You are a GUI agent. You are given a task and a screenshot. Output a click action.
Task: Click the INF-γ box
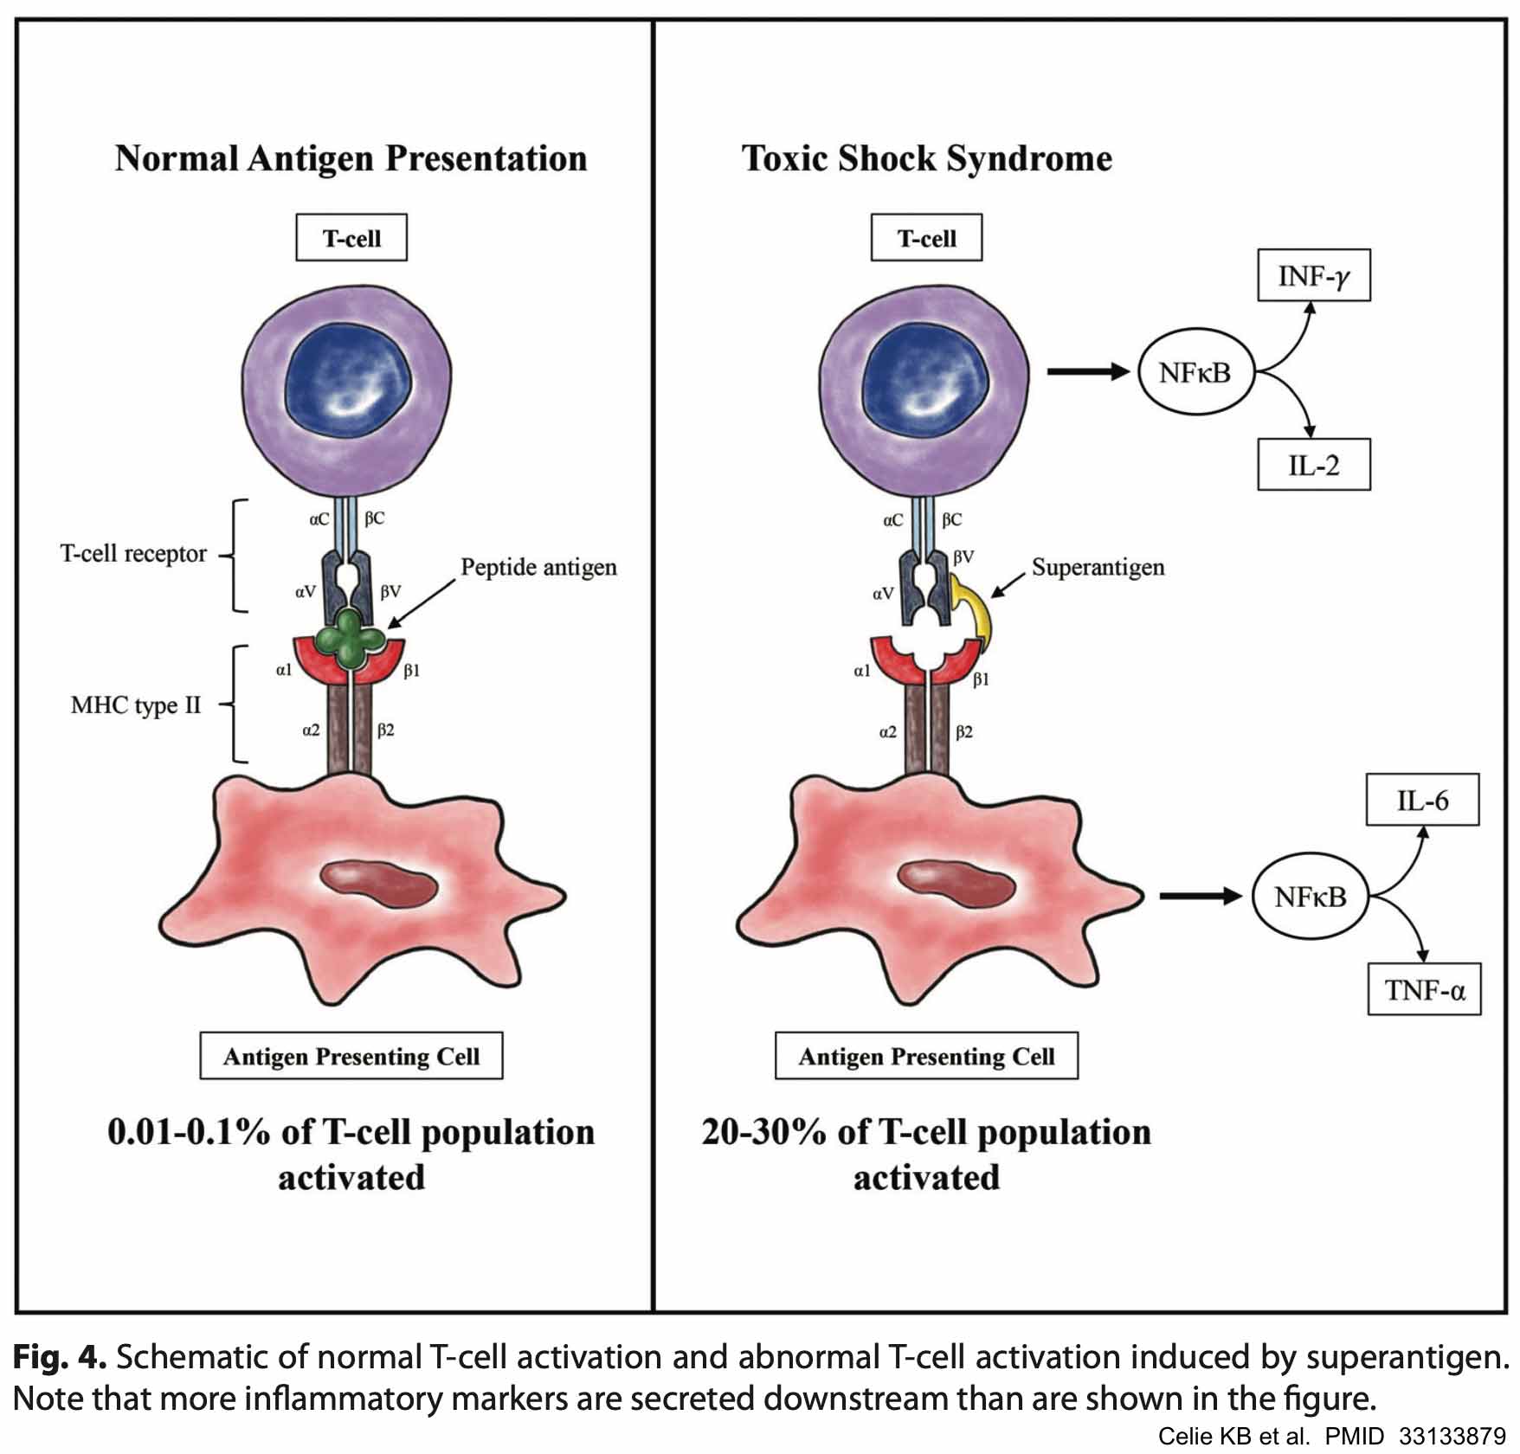point(1313,277)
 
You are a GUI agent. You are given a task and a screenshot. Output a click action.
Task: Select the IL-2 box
point(1313,466)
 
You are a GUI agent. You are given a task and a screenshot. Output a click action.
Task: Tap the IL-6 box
point(1422,801)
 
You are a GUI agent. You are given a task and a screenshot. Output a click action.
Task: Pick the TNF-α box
point(1424,989)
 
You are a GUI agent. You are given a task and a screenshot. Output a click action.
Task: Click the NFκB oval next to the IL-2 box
point(1195,373)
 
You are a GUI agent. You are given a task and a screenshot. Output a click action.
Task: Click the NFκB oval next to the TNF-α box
point(1311,897)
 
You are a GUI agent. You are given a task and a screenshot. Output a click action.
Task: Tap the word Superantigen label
point(1098,568)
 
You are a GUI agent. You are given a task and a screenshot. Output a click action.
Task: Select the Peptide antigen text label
point(538,568)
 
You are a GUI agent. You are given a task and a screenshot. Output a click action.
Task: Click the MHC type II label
point(136,705)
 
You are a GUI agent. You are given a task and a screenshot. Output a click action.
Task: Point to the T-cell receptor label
point(133,554)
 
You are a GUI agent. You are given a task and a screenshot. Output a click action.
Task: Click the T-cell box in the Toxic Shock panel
point(926,238)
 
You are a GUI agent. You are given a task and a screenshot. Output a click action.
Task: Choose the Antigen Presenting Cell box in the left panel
point(351,1056)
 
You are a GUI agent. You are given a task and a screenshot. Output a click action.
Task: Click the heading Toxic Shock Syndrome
point(926,158)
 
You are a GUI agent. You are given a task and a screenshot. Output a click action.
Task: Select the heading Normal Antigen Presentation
point(351,158)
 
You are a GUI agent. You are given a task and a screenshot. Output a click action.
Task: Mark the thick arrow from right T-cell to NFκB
point(1087,372)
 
